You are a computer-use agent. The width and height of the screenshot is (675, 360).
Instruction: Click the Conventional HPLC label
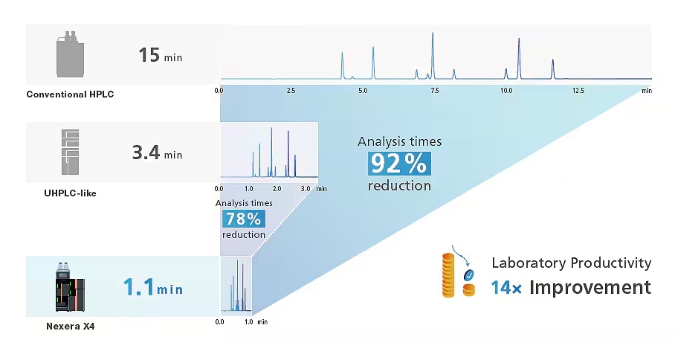(70, 94)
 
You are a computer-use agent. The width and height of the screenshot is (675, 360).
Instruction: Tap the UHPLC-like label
(70, 193)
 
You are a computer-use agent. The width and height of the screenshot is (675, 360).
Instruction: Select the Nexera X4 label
(71, 325)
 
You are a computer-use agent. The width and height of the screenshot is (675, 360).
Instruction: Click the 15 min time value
(160, 55)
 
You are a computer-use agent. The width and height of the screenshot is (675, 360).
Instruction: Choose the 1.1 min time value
(152, 287)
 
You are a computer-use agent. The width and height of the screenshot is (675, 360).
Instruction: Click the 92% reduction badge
(400, 163)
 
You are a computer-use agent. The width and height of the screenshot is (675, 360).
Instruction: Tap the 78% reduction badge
(243, 218)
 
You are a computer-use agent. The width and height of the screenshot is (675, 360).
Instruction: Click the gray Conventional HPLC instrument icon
(70, 54)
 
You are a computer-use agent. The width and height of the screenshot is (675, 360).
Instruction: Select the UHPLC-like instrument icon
(70, 152)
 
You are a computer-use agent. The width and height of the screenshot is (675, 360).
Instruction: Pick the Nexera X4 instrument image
(70, 286)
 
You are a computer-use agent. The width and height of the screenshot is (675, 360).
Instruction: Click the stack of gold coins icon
(448, 274)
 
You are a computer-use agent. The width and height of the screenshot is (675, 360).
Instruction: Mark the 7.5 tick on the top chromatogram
(434, 90)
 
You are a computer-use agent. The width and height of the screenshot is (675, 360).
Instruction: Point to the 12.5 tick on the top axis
(578, 90)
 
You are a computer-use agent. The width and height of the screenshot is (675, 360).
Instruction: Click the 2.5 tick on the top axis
(291, 90)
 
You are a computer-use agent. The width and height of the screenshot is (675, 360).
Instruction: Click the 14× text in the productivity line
(507, 287)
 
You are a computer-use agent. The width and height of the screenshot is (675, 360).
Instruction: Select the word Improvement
(590, 287)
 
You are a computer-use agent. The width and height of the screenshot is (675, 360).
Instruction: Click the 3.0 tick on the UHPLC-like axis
(305, 189)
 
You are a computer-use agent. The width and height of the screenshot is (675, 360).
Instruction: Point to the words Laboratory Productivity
(571, 263)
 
